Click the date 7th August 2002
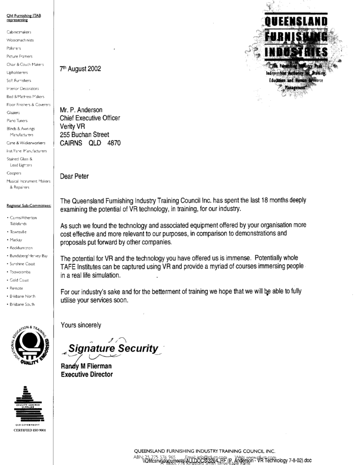[x=80, y=69]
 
